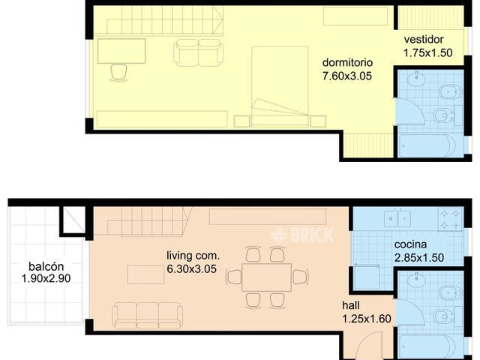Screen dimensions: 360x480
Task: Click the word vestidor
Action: click(x=424, y=40)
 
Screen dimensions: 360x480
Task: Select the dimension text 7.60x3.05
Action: click(x=347, y=75)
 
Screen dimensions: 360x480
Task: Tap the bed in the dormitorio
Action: click(x=279, y=85)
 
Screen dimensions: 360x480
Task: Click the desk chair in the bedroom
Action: click(x=118, y=71)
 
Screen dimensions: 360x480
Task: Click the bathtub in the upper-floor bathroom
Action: click(x=426, y=145)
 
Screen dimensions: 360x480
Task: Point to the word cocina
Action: click(x=410, y=244)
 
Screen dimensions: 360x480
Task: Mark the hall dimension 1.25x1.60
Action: click(x=367, y=319)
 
